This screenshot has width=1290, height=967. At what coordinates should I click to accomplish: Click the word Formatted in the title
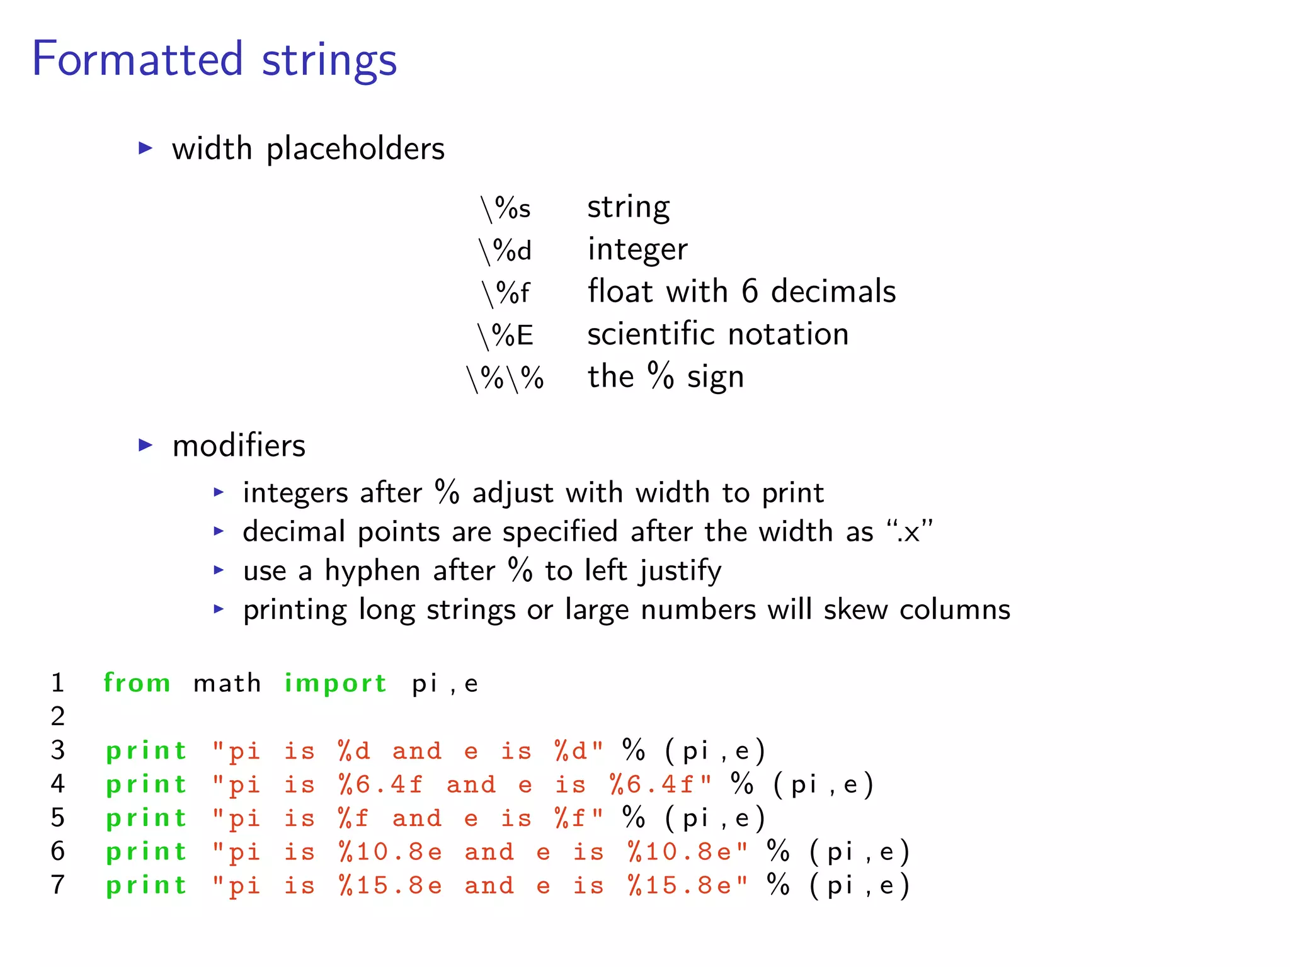(137, 59)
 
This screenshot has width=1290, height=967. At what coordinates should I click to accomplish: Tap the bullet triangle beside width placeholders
(146, 149)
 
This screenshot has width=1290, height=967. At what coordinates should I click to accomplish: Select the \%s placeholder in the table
(505, 208)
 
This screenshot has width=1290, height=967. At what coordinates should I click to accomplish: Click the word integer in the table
(637, 250)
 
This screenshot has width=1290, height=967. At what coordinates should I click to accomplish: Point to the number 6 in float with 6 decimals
(749, 291)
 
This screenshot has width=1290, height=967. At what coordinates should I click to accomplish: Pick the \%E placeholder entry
(505, 335)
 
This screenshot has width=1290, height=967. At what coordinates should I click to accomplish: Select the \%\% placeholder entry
(505, 378)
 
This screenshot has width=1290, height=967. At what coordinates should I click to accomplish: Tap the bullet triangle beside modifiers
(146, 446)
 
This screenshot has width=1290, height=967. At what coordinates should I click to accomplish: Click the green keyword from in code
(137, 683)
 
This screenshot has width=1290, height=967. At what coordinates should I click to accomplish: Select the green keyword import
(335, 684)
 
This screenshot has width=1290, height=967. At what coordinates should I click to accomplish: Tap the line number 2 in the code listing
(58, 716)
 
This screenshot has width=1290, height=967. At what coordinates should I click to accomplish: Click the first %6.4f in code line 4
(380, 785)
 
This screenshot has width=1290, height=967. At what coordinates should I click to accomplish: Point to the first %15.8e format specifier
(390, 886)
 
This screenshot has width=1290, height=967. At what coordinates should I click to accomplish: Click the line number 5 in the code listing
(58, 818)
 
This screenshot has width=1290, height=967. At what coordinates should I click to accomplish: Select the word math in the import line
(227, 684)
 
